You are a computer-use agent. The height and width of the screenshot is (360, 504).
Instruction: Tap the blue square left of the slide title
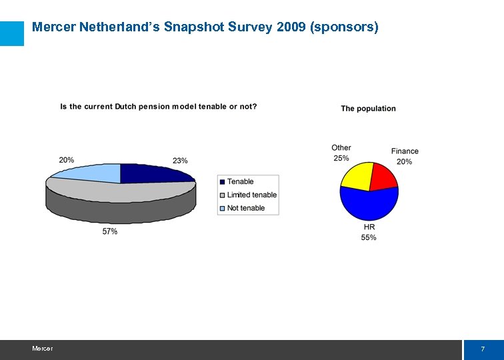[x=12, y=33]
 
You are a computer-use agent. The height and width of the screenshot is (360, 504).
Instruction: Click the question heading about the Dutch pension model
[x=159, y=107]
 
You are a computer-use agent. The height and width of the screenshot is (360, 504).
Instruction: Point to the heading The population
[x=368, y=109]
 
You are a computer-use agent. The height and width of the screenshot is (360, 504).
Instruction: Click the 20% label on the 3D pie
[x=66, y=160]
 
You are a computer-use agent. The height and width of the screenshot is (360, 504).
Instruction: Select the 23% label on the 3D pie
[x=180, y=161]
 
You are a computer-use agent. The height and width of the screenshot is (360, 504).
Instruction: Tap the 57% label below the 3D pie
[x=110, y=231]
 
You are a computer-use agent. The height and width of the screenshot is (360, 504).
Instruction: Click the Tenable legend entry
[x=240, y=181]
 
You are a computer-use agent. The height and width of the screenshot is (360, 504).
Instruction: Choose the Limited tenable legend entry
[x=251, y=195]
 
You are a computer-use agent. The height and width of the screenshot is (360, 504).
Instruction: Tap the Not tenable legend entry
[x=245, y=208]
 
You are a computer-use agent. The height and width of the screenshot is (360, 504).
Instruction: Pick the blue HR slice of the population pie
[x=369, y=204]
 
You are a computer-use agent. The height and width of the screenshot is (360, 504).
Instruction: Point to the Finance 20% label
[x=405, y=157]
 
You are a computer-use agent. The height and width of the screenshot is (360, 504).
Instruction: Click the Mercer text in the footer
[x=42, y=349]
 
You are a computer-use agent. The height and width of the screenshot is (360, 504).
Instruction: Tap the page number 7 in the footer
[x=483, y=350]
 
